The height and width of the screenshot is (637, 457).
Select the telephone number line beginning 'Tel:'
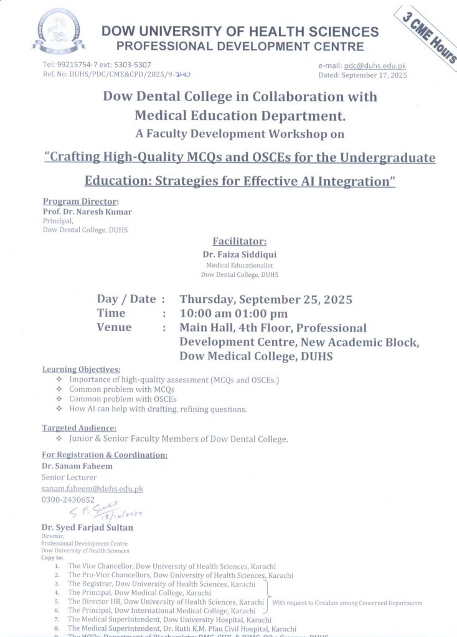pos(97,65)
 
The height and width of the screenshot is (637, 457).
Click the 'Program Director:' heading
pos(80,201)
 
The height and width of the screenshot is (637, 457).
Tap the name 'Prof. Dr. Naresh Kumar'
pos(87,212)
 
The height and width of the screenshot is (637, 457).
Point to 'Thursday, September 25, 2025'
pos(266,299)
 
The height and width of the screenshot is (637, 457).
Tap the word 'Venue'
pos(114,327)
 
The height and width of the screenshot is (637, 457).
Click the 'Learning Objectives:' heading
pos(81,370)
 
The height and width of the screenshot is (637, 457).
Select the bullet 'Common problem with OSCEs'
pos(123,399)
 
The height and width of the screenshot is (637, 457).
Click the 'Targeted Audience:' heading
pos(79,428)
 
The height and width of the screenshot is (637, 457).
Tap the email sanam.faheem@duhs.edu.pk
pos(92,489)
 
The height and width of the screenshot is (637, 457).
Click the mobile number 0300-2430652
pos(68,500)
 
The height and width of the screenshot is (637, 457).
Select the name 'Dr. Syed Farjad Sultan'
pos(87,528)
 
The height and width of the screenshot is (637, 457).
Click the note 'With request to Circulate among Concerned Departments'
pos(347,603)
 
